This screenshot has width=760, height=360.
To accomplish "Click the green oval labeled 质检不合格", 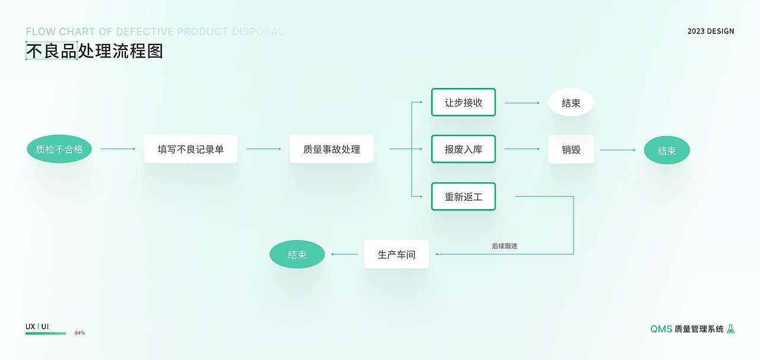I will [x=59, y=149].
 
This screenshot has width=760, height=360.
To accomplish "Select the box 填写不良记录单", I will [x=191, y=149].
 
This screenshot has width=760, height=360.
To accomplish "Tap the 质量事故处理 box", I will [x=331, y=149].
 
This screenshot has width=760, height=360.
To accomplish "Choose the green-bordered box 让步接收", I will [x=463, y=103].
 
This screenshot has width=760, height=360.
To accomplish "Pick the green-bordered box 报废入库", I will [x=463, y=149].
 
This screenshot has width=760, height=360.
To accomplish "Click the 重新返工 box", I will [x=463, y=197].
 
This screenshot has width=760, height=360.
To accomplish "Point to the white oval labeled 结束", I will [x=571, y=103].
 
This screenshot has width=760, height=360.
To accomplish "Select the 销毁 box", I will [x=571, y=150].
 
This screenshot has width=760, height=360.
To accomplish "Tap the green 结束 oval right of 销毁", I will [x=667, y=150].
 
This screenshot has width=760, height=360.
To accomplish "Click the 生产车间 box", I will [x=396, y=254].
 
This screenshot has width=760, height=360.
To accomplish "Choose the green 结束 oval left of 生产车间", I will [x=297, y=254].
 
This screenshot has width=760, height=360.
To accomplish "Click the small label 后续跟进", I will [x=504, y=245].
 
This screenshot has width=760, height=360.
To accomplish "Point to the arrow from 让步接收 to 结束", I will [x=522, y=103].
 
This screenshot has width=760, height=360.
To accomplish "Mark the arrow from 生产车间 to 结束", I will [x=344, y=254].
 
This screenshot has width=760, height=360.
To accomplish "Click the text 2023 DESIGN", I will [x=711, y=31].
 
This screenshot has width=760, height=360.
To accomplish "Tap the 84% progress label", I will [x=80, y=333].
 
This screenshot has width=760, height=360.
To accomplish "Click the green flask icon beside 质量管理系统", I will [x=731, y=329].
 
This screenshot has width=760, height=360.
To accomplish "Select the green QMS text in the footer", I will [x=661, y=329].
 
